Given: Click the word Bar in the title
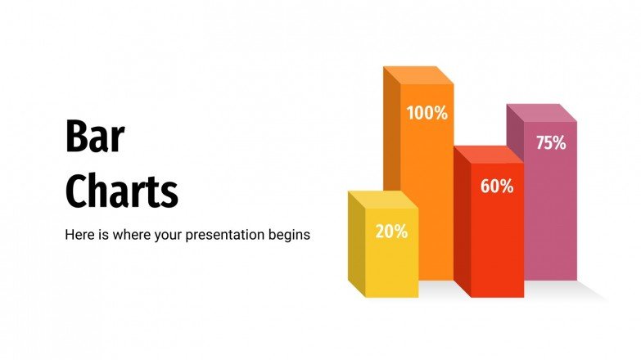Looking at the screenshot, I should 94,137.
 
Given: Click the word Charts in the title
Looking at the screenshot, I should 121,191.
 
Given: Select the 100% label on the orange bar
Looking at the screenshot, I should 427,114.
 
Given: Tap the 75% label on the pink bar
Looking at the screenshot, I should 550,143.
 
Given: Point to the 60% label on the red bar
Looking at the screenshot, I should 496,187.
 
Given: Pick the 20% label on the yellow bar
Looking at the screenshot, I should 391,232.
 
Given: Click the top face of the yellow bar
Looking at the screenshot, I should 382,199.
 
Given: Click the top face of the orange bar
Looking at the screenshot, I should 418,74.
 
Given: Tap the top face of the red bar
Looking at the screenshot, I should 488,155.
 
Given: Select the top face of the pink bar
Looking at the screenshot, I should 541,112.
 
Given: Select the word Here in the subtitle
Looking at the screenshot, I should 79,235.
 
